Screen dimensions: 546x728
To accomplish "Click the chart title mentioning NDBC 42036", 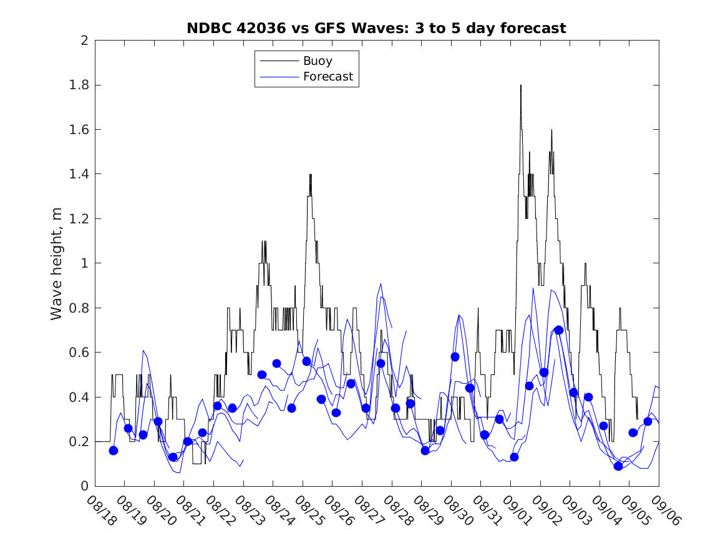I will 377,29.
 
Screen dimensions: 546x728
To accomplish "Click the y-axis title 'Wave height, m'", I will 57,263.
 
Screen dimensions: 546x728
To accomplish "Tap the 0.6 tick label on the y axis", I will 80,353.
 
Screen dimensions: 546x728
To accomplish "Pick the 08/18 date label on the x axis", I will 99,511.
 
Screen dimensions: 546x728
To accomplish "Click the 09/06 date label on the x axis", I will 663,511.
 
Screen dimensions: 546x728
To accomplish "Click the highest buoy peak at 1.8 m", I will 520,85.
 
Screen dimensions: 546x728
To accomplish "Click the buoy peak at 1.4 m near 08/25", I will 310,175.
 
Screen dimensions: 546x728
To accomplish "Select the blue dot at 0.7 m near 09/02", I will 559,330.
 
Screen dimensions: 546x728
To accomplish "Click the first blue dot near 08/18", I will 114,451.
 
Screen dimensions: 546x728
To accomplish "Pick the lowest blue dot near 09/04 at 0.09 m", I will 618,466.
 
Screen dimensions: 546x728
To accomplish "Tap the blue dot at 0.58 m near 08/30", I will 455,357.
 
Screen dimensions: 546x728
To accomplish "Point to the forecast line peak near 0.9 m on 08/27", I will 381,284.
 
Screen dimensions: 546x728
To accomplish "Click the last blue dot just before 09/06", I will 648,421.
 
